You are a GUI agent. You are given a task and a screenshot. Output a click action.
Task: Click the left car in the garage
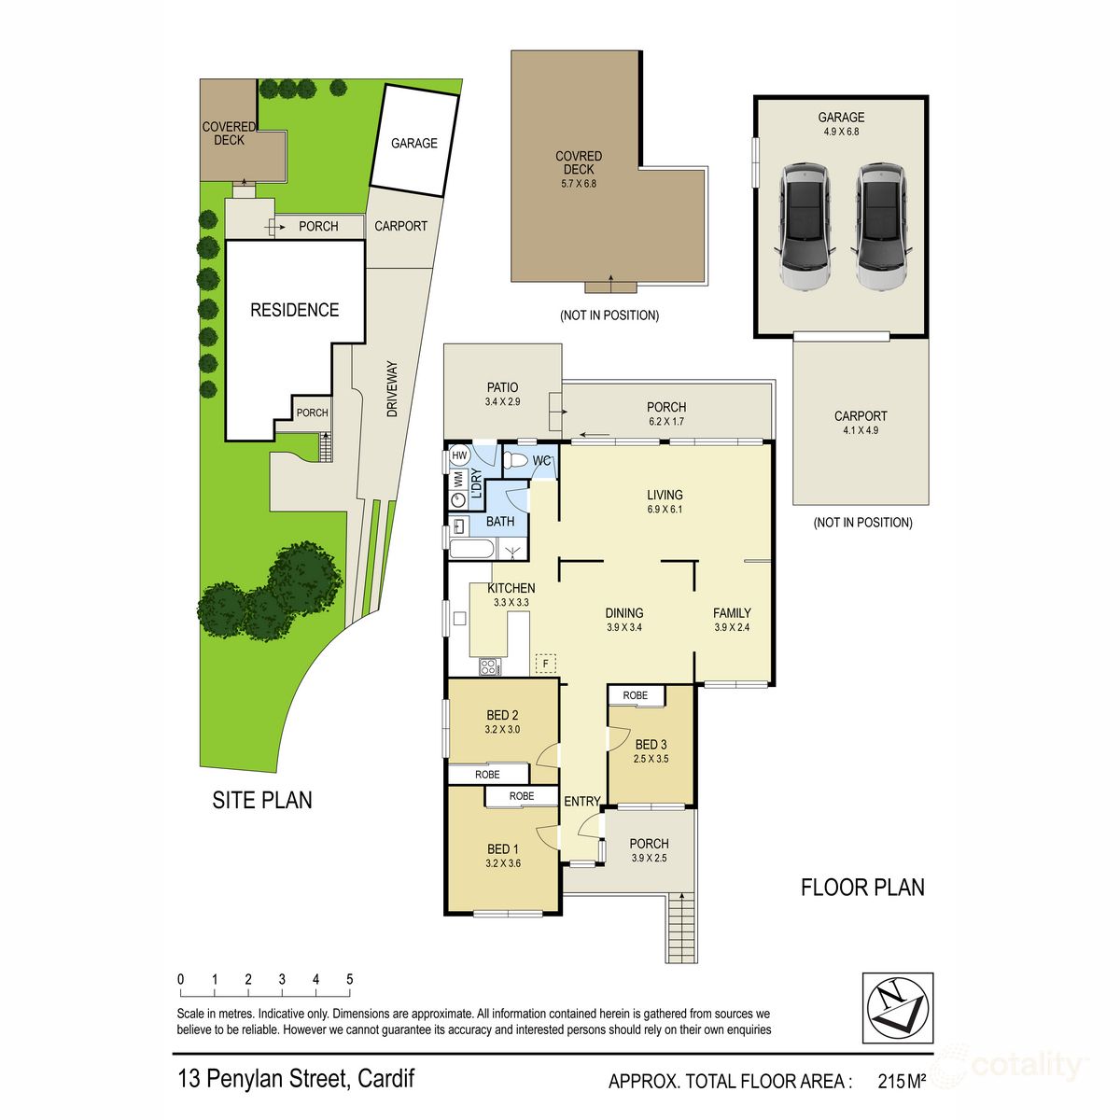pyautogui.click(x=805, y=228)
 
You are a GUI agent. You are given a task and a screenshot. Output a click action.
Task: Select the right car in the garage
pyautogui.click(x=882, y=228)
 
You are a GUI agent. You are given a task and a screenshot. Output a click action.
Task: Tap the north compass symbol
pyautogui.click(x=897, y=1008)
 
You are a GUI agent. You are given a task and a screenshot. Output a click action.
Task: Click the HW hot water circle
pyautogui.click(x=459, y=455)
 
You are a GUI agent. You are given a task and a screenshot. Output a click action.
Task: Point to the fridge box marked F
pyautogui.click(x=545, y=664)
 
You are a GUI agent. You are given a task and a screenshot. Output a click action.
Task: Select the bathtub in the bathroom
pyautogui.click(x=470, y=549)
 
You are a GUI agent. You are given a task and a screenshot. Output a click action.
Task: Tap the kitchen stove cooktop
pyautogui.click(x=489, y=666)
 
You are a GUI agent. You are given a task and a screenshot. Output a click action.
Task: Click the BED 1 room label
pyautogui.click(x=503, y=856)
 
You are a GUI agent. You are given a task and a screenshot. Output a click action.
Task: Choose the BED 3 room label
pyautogui.click(x=651, y=751)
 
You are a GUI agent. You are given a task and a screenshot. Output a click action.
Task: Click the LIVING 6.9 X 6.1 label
pyautogui.click(x=665, y=501)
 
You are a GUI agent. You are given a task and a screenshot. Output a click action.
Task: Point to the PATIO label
pyautogui.click(x=502, y=394)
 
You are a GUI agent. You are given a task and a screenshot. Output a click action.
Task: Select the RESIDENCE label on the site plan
pyautogui.click(x=294, y=310)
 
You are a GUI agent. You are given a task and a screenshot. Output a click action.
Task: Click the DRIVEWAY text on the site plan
pyautogui.click(x=392, y=388)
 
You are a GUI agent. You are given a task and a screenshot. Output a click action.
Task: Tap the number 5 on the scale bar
pyautogui.click(x=350, y=979)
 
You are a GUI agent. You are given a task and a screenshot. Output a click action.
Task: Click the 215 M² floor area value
pyautogui.click(x=902, y=1082)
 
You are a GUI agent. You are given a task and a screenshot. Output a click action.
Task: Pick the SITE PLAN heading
pyautogui.click(x=262, y=800)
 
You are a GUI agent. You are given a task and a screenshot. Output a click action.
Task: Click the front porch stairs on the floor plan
pyautogui.click(x=682, y=926)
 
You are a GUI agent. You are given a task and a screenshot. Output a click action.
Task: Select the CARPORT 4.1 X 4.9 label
pyautogui.click(x=861, y=423)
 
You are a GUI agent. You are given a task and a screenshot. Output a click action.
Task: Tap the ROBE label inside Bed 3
pyautogui.click(x=636, y=695)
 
